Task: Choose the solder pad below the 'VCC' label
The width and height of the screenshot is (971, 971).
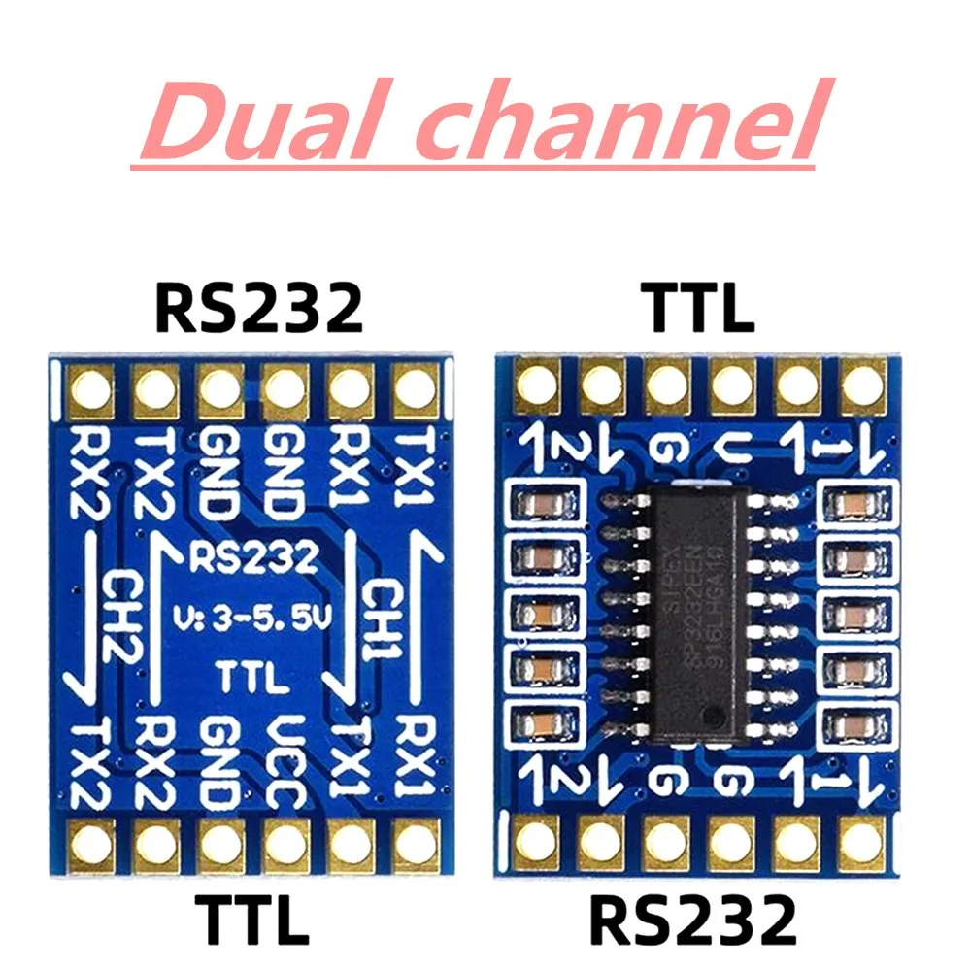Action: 285,846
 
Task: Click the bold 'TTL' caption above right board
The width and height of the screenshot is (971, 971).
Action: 698,308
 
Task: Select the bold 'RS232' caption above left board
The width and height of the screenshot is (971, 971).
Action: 257,308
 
